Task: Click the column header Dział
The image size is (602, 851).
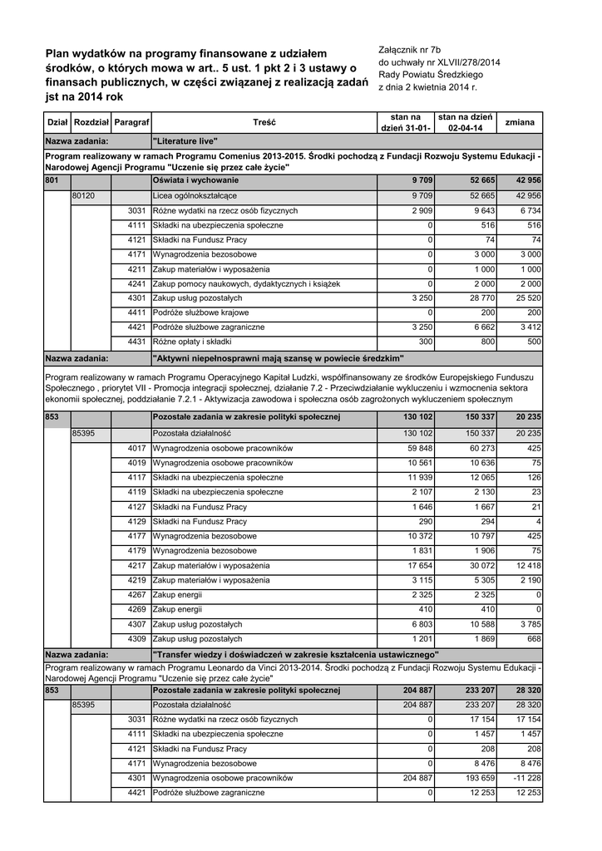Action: [57, 122]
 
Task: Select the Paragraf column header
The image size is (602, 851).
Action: [131, 122]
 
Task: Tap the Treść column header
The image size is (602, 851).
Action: [264, 122]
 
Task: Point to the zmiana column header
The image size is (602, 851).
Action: [520, 122]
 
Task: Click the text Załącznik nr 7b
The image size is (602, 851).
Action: [413, 51]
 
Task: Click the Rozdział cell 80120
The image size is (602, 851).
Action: [83, 195]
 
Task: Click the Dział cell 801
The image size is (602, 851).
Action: [52, 180]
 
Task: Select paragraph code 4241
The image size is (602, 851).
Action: [137, 283]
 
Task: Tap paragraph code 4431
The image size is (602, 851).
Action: [137, 342]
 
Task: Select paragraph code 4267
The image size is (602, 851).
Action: [137, 595]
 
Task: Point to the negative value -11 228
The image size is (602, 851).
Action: [526, 778]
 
